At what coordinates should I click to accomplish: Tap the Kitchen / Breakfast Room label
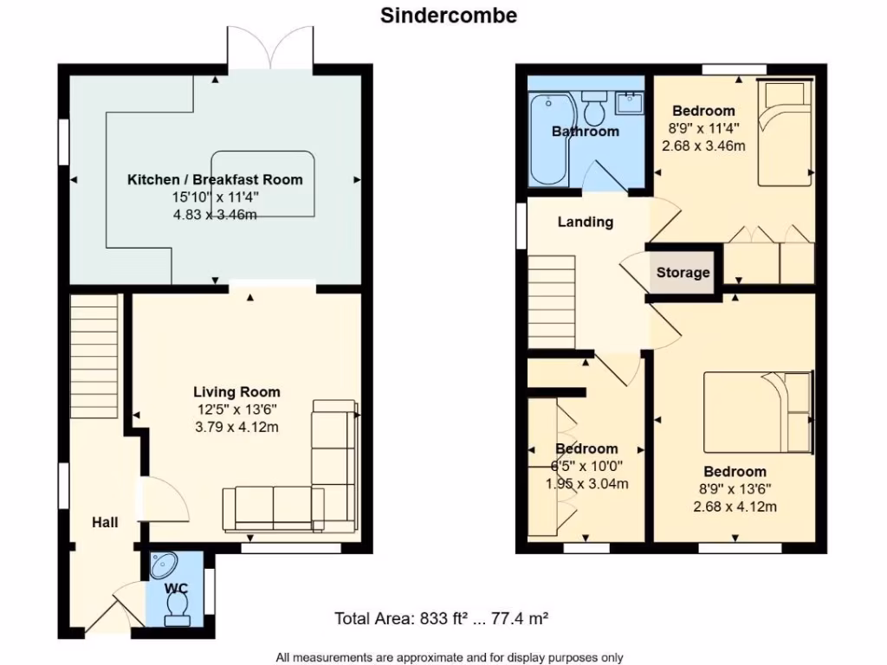click(215, 180)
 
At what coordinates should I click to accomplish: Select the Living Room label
click(236, 392)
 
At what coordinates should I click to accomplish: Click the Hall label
click(105, 522)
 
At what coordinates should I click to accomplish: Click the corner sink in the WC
click(163, 565)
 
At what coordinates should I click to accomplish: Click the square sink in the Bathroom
click(630, 104)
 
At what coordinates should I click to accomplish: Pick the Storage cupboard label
click(683, 273)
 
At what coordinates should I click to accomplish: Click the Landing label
click(585, 222)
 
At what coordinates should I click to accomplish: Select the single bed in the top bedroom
click(786, 132)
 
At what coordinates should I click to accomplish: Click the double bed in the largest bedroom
click(758, 412)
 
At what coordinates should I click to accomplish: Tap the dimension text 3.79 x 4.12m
click(236, 427)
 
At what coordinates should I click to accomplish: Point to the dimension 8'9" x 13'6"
click(735, 489)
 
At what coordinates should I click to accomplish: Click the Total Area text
click(442, 618)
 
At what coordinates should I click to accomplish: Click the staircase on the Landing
click(551, 300)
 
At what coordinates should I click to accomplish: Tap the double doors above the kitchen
click(270, 48)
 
